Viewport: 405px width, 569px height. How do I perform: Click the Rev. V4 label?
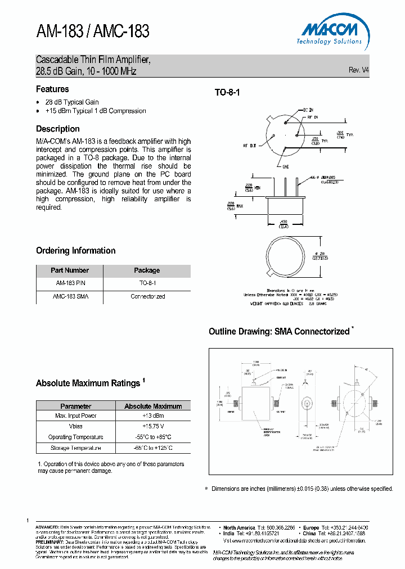[x=358, y=70]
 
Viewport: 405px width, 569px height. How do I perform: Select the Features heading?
[x=52, y=89]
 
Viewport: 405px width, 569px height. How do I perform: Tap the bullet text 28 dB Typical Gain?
[x=72, y=102]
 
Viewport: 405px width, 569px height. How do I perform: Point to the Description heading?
[x=58, y=129]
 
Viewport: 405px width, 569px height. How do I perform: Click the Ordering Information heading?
[x=76, y=251]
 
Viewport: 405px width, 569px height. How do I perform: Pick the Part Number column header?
[x=70, y=270]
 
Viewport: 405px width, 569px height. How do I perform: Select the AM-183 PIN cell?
[x=70, y=283]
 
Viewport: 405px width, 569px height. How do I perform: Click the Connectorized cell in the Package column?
[x=147, y=296]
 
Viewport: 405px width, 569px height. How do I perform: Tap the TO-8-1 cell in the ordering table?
[x=147, y=283]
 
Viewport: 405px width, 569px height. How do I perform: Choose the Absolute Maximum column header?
[x=153, y=406]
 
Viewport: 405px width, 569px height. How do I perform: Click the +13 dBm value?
[x=153, y=416]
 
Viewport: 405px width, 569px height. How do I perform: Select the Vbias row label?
[x=75, y=427]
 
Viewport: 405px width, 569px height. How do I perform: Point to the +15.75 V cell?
[x=153, y=427]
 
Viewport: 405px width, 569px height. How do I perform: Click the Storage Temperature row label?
[x=75, y=448]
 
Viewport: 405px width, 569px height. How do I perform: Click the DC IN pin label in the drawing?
[x=309, y=110]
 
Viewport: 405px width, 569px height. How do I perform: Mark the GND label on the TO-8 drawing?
[x=285, y=167]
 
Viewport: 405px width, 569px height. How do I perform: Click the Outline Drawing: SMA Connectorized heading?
[x=279, y=332]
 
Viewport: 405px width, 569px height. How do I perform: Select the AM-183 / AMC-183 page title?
[x=93, y=31]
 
